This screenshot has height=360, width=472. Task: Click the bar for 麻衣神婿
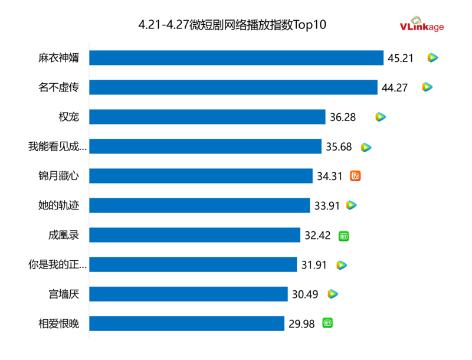[236, 58]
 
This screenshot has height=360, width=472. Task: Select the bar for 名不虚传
[233, 87]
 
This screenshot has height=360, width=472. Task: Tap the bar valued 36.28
[207, 117]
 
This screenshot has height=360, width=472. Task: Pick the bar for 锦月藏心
[201, 176]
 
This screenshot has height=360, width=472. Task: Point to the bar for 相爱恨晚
[186, 323]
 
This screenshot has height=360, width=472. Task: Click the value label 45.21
[401, 58]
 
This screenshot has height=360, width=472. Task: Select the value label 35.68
[339, 146]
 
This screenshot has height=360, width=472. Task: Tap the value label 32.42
[317, 235]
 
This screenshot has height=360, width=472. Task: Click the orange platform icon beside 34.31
[355, 176]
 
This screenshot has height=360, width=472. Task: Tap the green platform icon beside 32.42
[343, 235]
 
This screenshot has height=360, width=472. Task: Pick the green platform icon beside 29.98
[327, 323]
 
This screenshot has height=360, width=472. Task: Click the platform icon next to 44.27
[427, 87]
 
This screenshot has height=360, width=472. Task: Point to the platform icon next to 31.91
[342, 265]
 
